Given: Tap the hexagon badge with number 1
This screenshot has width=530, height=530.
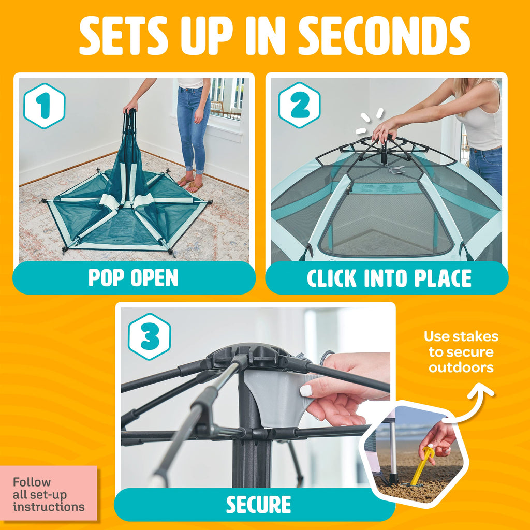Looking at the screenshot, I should (x=45, y=106).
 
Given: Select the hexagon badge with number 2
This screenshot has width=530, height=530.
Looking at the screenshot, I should (x=300, y=105).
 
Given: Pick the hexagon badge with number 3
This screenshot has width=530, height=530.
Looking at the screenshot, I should (x=150, y=337).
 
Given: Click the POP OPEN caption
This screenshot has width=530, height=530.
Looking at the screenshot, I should (x=133, y=278).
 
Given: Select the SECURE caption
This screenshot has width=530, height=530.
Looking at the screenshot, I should (x=258, y=505).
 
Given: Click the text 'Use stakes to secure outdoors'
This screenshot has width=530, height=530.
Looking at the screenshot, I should (x=461, y=352).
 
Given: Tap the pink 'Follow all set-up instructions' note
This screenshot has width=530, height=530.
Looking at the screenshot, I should (x=49, y=494).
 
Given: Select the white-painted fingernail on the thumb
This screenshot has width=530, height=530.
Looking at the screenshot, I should (x=306, y=391).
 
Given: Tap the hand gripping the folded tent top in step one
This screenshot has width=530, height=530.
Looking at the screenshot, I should (x=130, y=108).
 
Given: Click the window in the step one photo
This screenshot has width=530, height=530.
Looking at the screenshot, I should (x=226, y=99).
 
